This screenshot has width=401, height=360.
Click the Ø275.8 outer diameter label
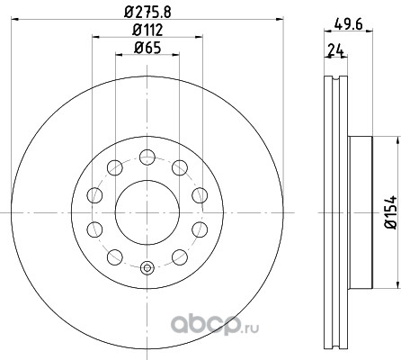(147, 13)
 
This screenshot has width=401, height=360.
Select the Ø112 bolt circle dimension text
(147, 30)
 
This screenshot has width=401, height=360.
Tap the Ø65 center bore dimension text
(147, 48)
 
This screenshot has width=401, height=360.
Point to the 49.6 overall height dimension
(348, 24)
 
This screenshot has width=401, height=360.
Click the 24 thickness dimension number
(336, 50)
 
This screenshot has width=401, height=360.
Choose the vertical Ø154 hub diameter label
(391, 212)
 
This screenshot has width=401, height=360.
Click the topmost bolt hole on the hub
(147, 157)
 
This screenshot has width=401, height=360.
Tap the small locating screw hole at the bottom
(147, 268)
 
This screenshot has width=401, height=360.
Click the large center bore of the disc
(147, 212)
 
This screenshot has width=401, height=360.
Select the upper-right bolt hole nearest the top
(180, 167)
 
